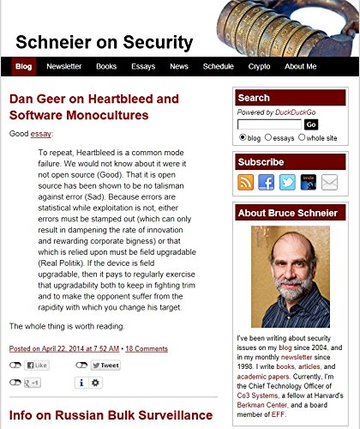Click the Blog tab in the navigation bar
click(x=24, y=67)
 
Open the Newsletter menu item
click(x=64, y=67)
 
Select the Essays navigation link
click(x=143, y=67)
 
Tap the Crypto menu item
click(x=259, y=67)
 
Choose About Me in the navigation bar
click(x=300, y=67)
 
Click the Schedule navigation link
click(x=219, y=67)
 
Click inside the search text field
click(x=269, y=124)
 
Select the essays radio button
click(x=268, y=137)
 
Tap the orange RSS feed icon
click(x=246, y=182)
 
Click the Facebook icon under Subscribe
click(x=267, y=182)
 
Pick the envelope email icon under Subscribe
click(x=329, y=182)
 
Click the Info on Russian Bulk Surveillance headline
click(x=111, y=416)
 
